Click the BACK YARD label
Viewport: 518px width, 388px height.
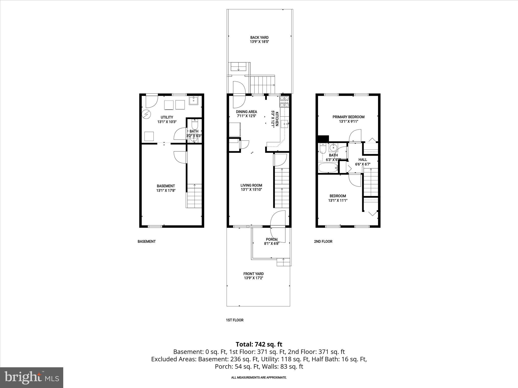click(259, 37)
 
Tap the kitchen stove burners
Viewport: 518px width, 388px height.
click(284, 102)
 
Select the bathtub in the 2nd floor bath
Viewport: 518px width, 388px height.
click(328, 167)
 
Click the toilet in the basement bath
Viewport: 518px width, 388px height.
click(195, 125)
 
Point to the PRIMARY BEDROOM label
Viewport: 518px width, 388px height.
click(348, 117)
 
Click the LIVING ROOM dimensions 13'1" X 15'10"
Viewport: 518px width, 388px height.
click(251, 189)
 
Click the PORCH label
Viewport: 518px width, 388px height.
click(272, 239)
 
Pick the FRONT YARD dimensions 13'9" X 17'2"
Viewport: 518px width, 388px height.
click(253, 278)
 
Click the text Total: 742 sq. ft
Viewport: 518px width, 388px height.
click(259, 344)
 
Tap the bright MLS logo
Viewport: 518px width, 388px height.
click(32, 377)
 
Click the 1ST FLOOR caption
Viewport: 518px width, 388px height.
click(234, 320)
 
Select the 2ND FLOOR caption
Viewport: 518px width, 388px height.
click(323, 241)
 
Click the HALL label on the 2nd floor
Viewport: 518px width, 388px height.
click(363, 160)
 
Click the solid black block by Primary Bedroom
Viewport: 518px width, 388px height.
click(323, 139)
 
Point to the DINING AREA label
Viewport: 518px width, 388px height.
click(246, 112)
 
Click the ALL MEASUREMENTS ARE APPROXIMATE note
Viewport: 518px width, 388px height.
click(259, 377)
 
